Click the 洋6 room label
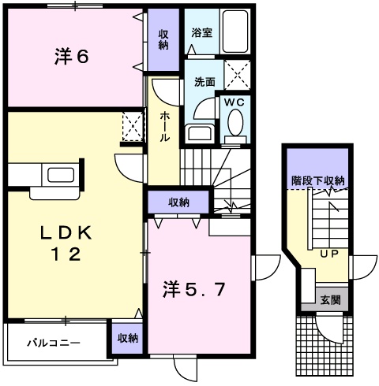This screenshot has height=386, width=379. tap(70, 57)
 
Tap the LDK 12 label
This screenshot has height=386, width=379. tap(67, 244)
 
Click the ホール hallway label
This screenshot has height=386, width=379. tap(164, 126)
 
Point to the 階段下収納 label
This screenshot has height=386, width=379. tap(317, 180)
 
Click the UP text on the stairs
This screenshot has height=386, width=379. tap(328, 254)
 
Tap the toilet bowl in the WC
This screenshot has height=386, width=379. tap(235, 123)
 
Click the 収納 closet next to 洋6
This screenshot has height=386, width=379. tap(163, 39)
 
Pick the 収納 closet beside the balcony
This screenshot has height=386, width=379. tap(127, 338)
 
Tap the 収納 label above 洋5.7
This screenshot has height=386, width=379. tap(178, 202)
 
